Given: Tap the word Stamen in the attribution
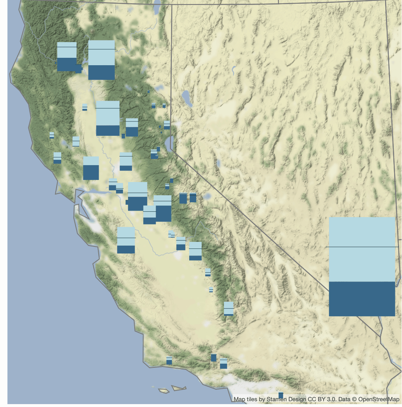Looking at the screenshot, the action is [x=276, y=399].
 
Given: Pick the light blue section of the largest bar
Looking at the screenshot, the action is [x=362, y=231].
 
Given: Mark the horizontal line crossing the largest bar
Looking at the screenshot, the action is [x=362, y=247].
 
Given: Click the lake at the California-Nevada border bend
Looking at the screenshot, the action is [x=169, y=142].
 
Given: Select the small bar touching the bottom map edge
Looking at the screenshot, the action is [x=281, y=395].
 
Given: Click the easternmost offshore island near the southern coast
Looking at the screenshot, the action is [x=178, y=388].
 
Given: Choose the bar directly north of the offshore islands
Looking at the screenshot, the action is [x=169, y=361].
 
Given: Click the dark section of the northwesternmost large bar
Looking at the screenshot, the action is [x=67, y=64].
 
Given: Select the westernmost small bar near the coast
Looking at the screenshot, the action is [x=52, y=135].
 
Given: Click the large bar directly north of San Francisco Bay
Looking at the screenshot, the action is [x=91, y=168].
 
